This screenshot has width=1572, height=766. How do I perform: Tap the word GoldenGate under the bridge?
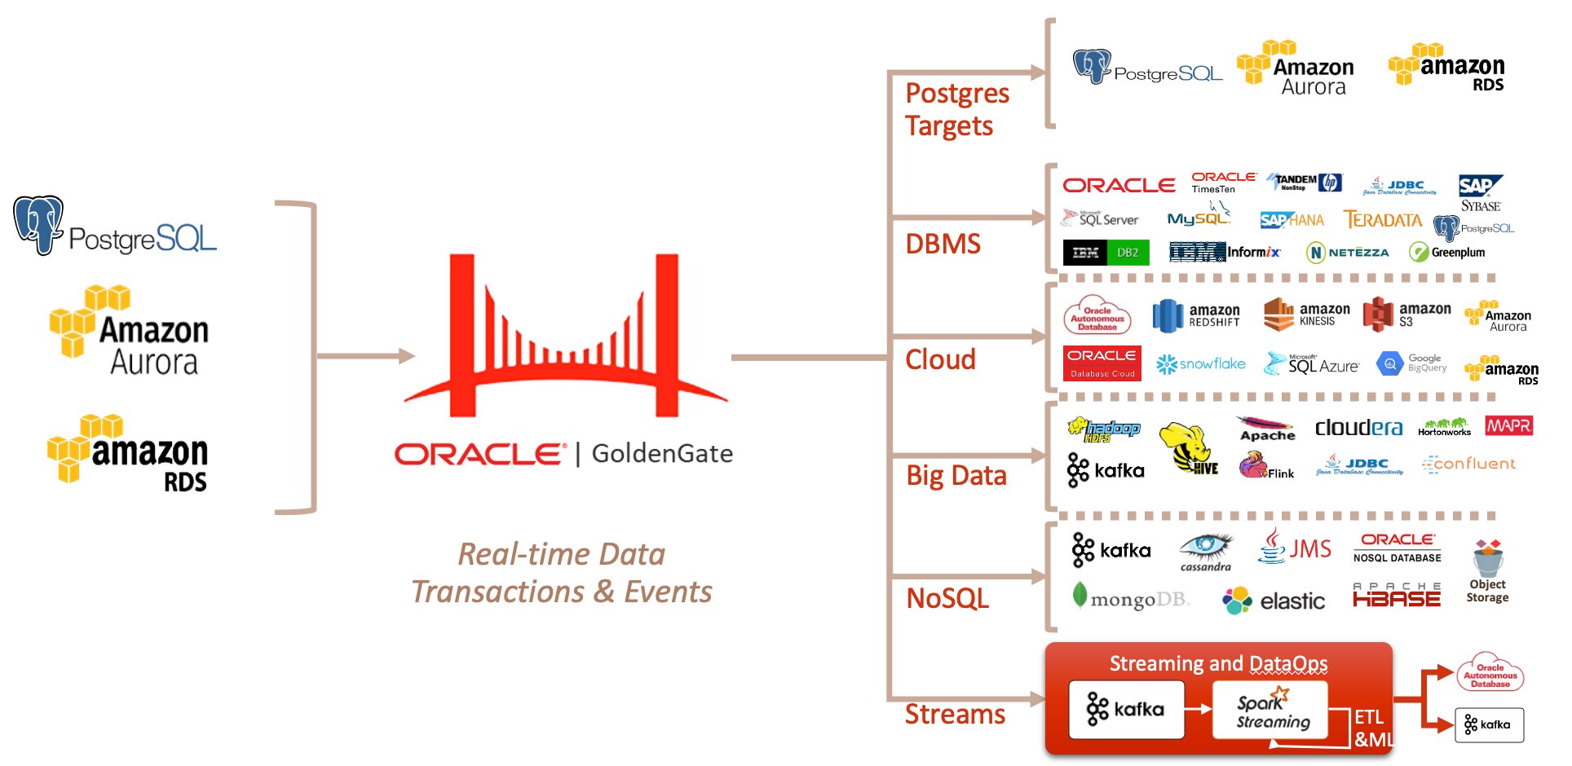[662, 453]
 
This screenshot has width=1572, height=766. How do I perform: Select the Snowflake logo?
[1201, 364]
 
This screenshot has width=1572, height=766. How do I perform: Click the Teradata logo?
[1383, 220]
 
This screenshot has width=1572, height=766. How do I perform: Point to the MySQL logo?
[1198, 218]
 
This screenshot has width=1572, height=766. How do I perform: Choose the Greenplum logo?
[1447, 253]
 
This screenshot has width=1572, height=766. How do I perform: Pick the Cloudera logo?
[1358, 428]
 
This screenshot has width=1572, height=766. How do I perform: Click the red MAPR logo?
[1508, 425]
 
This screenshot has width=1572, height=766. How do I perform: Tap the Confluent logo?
[1468, 464]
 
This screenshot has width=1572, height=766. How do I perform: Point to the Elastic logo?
[1274, 601]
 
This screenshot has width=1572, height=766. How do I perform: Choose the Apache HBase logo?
[1397, 596]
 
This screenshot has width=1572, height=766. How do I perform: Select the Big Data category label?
[956, 475]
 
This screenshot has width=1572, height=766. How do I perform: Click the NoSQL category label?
[947, 599]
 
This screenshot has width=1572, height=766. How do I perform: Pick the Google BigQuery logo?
[1411, 363]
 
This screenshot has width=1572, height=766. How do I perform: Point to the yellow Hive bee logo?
[1187, 447]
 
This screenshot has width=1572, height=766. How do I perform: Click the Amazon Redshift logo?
[1196, 316]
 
